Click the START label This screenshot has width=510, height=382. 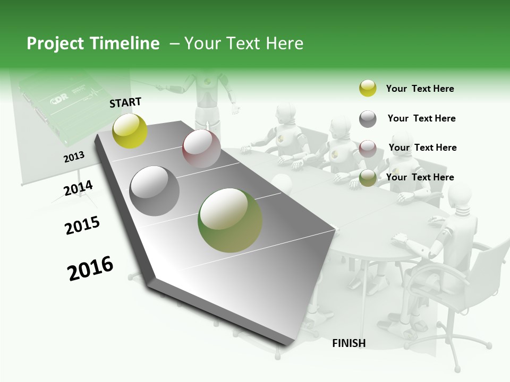coord(125,102)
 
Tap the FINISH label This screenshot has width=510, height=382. coord(349,343)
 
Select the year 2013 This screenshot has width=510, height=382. coord(74,157)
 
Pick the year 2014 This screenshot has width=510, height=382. coord(78,188)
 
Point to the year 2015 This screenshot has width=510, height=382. coord(82,225)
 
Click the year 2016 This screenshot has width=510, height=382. coord(90,268)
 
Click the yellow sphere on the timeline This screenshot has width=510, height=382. coord(130,131)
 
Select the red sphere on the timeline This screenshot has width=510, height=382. coord(201,149)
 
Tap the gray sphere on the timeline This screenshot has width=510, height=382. coord(155,191)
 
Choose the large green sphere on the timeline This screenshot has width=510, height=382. coord(230,220)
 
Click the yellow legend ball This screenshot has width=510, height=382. coord(368,88)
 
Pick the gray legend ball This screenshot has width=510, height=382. coord(368,119)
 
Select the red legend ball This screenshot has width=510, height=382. coord(368,149)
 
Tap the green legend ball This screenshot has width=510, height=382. coord(368,178)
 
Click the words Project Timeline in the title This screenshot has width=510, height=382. coord(93,44)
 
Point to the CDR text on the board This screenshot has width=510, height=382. coord(58,100)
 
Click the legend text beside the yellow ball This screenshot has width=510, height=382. coord(420,89)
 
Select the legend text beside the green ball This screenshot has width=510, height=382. coord(420,177)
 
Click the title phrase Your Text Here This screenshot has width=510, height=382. coord(243,44)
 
